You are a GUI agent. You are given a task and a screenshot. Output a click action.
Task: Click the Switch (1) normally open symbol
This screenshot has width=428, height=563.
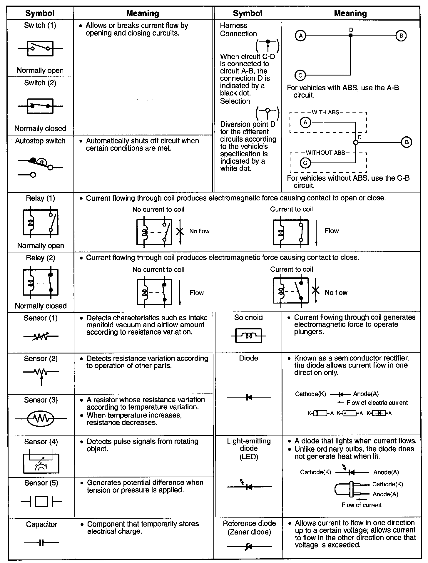(40, 48)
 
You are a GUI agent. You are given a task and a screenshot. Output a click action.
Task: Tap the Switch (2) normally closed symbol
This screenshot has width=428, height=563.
(40, 106)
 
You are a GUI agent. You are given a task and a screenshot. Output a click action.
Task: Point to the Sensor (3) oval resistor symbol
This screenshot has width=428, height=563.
(41, 418)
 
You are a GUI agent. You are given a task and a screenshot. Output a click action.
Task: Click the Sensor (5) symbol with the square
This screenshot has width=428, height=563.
(41, 501)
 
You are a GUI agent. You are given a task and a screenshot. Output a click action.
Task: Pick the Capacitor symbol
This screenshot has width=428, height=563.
(41, 542)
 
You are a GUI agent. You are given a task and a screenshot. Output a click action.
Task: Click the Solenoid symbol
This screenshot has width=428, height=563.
(248, 336)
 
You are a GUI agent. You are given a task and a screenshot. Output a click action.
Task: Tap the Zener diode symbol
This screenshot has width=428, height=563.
(249, 547)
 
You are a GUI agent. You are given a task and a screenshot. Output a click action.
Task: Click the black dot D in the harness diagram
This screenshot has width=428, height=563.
(350, 36)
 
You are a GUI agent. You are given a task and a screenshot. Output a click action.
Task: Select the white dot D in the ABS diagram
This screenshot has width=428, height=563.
(356, 143)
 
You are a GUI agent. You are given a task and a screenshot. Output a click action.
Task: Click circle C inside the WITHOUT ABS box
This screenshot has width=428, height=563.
(305, 162)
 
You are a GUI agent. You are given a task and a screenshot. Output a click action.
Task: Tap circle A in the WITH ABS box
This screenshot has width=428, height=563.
(305, 122)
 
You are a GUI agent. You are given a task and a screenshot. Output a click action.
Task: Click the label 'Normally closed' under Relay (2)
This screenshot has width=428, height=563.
(41, 306)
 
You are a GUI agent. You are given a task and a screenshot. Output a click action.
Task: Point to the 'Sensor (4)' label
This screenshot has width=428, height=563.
(41, 442)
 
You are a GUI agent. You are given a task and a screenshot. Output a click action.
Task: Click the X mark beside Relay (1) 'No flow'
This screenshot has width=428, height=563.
(180, 232)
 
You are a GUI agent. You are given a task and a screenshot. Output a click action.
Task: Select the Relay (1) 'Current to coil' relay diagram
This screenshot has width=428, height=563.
(291, 232)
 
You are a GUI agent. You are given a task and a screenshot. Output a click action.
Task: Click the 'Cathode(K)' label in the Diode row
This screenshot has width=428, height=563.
(310, 394)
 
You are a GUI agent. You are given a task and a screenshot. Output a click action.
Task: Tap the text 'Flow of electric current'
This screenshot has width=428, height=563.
(377, 403)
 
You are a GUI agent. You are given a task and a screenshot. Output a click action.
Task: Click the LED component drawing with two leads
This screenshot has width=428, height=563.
(351, 490)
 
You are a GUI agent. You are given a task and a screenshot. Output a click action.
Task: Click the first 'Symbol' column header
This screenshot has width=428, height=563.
(40, 13)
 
